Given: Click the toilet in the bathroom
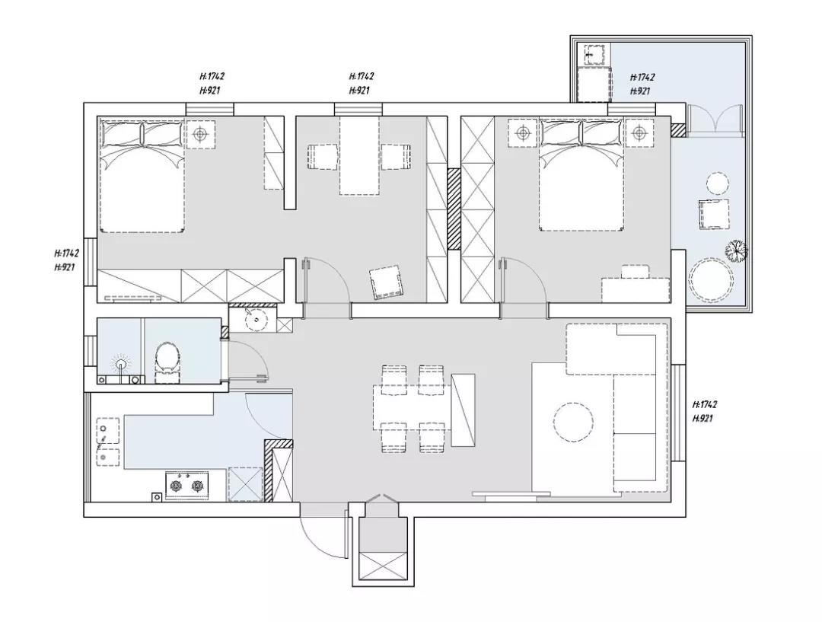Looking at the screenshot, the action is tap(167, 357).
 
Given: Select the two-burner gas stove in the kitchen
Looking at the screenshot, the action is tap(187, 486).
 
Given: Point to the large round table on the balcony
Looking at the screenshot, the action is tap(712, 279).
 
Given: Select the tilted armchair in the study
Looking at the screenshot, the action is tap(387, 282).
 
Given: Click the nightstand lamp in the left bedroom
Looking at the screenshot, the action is tap(200, 135).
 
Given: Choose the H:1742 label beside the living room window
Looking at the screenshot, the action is tap(705, 404).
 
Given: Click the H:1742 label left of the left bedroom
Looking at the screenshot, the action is tap(66, 254).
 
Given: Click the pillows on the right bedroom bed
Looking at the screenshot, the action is tap(581, 133).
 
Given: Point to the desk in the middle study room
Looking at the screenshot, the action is tap(359, 155).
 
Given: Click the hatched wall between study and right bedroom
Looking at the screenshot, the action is tap(454, 209).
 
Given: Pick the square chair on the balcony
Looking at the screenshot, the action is tap(713, 214).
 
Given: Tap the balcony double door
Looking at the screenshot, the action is tap(715, 120).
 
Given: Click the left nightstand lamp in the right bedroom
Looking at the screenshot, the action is tap(523, 134).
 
